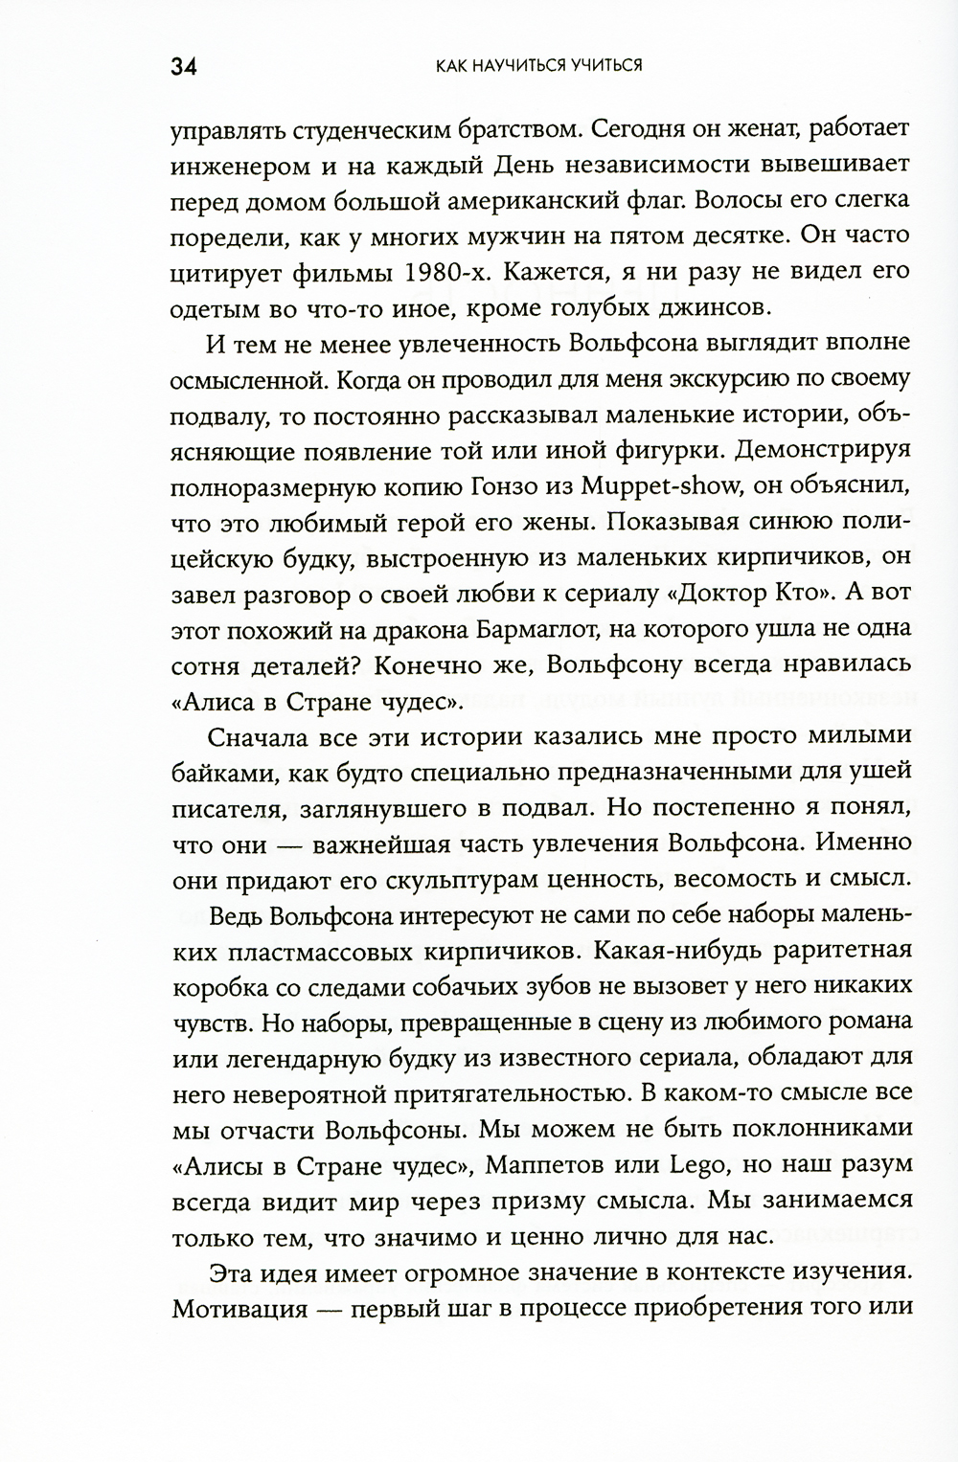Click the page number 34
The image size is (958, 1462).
pos(183,67)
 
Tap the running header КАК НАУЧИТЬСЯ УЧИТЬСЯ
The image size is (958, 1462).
pos(537,66)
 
